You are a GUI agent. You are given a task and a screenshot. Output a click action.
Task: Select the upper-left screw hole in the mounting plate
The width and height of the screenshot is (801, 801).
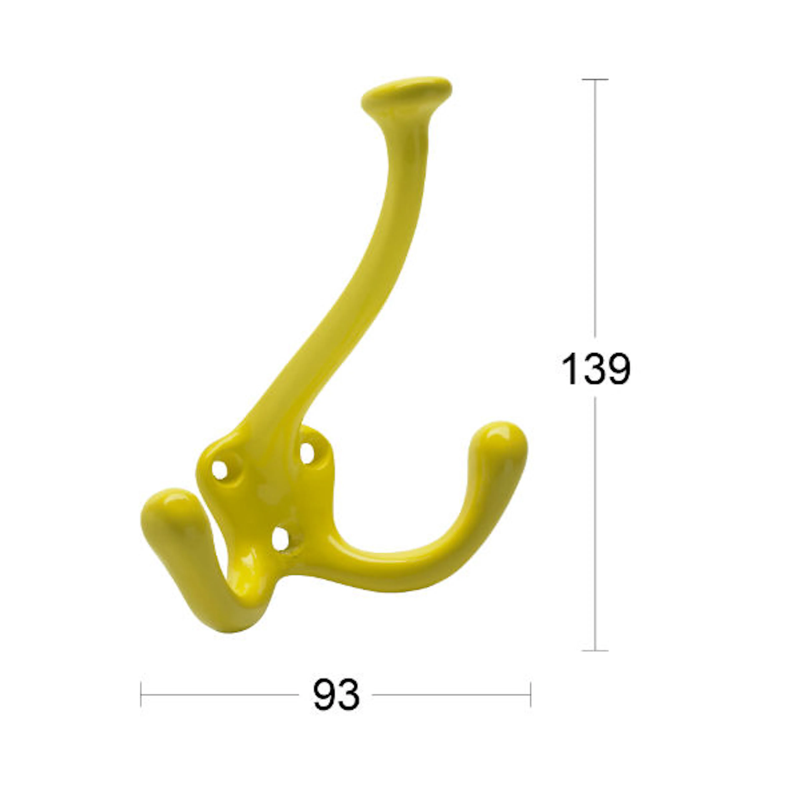point(220,470)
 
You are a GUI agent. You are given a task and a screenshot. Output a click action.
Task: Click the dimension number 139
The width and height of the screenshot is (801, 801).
point(596,369)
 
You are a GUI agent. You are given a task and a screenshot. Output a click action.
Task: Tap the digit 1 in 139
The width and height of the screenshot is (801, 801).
point(571,369)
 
